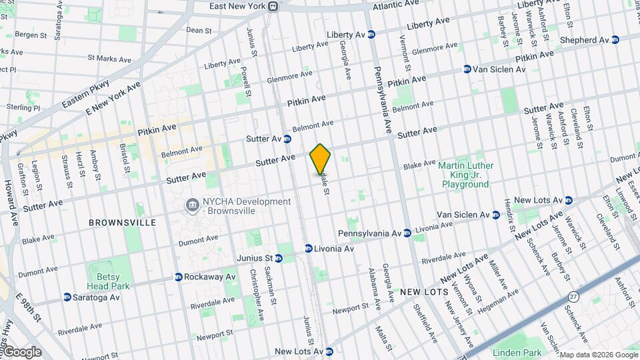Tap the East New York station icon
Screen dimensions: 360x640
[x=273, y=6]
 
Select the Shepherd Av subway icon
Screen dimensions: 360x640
[x=615, y=40]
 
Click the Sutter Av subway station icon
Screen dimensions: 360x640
[x=287, y=139]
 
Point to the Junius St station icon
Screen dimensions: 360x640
[x=280, y=258]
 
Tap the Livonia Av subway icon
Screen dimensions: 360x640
[x=309, y=249]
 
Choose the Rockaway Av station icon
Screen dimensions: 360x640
[x=179, y=277]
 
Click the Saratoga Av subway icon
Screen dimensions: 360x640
[x=68, y=297]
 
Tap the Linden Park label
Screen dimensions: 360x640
[x=516, y=352]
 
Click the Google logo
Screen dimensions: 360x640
[x=21, y=352]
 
